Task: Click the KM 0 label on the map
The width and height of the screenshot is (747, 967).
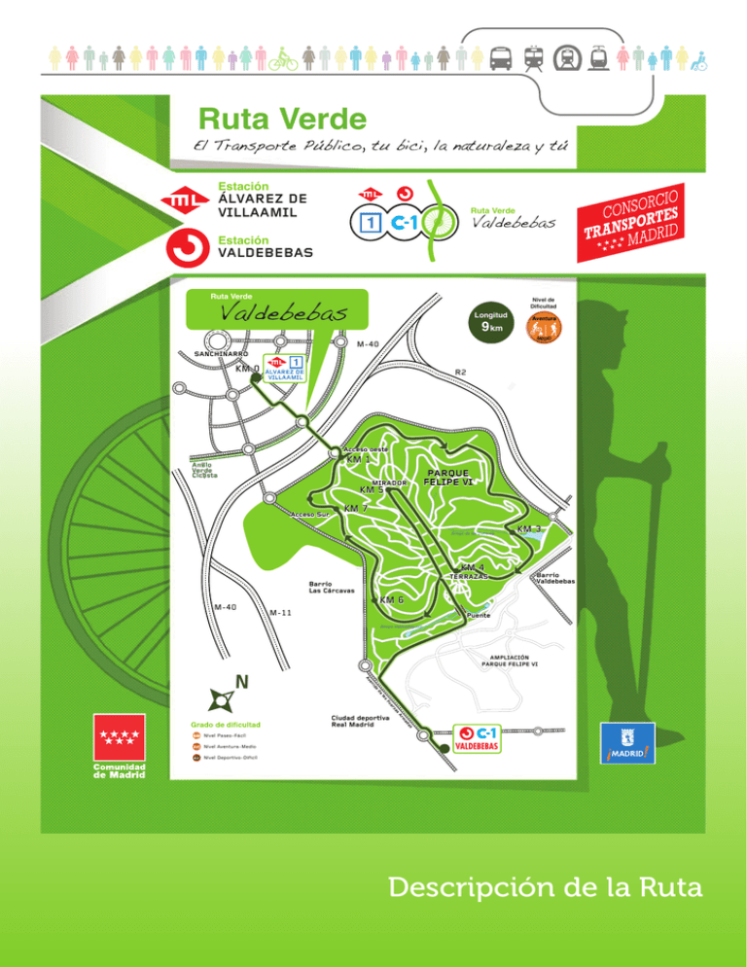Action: pos(248,370)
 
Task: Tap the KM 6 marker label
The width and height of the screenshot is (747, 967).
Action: pos(392,600)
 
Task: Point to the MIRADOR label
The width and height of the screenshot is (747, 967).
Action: pos(387,482)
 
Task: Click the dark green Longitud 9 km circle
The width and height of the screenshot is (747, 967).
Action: pos(491,323)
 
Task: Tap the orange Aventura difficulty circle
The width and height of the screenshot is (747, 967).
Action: pos(544,327)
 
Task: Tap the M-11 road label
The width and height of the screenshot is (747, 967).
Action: pos(281,613)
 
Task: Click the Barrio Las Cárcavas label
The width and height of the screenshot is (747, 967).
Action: pos(331,588)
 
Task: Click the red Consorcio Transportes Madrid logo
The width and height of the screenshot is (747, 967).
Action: pos(638,222)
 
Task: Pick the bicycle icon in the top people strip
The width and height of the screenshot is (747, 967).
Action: pos(283,58)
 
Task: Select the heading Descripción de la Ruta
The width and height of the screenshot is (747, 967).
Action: pos(543,888)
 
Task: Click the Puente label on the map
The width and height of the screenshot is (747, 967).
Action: pos(478,616)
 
